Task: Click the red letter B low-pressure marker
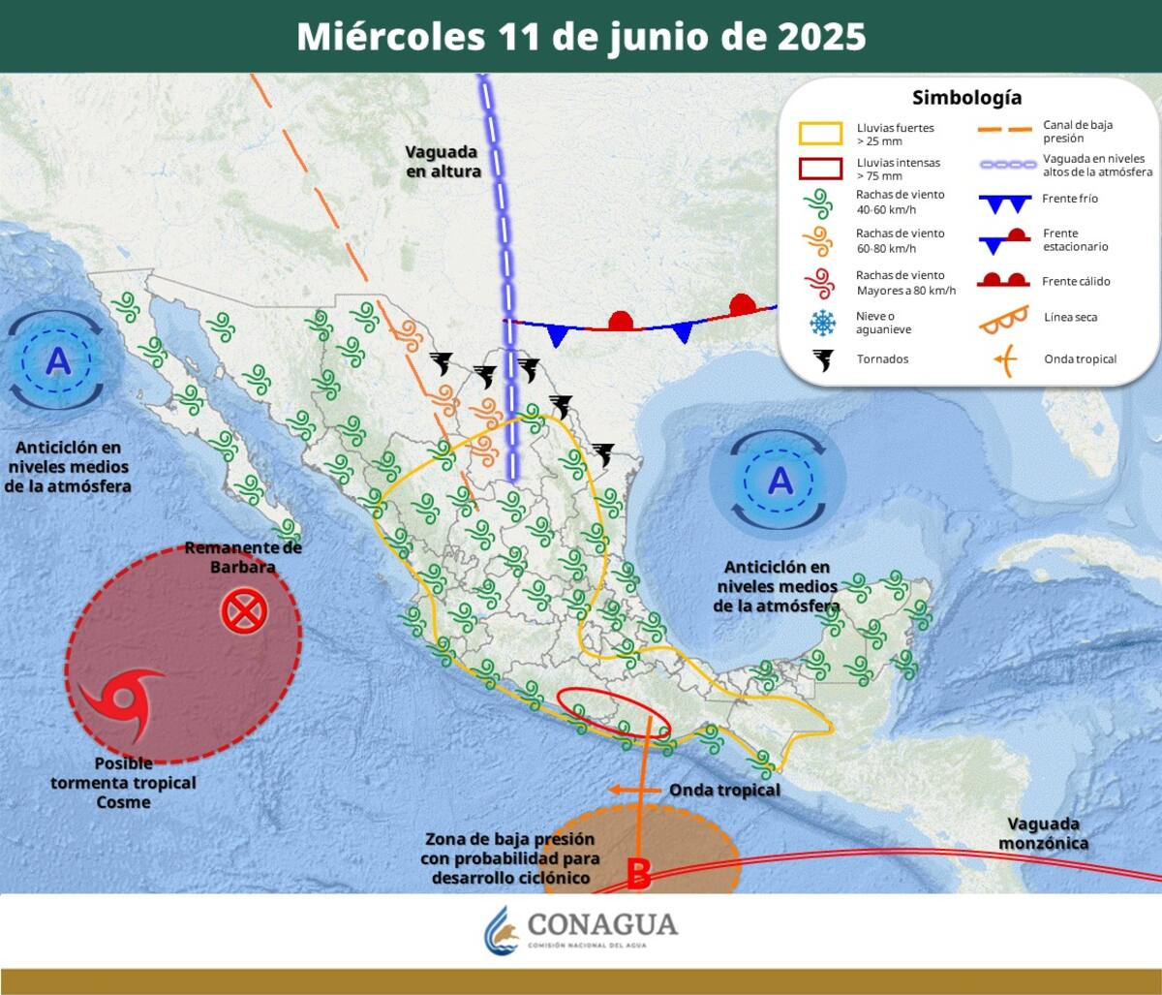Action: point(638,874)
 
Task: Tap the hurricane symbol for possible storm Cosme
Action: point(117,701)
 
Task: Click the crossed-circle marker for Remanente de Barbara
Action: point(243,611)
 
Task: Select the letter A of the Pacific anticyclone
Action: point(59,360)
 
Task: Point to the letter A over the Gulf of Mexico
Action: point(780,480)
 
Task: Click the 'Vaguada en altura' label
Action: point(443,161)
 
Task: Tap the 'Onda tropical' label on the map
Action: point(724,790)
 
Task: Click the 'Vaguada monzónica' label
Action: point(1047,833)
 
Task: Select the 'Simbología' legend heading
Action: point(966,98)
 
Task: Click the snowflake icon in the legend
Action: point(821,323)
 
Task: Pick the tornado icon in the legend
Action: point(822,359)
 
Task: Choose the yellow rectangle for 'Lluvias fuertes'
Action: point(820,134)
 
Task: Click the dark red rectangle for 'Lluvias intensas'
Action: point(820,170)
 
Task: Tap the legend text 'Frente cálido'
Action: point(1076,281)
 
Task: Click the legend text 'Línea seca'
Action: point(1071,317)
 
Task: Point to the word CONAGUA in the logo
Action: point(601,923)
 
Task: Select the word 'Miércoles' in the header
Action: point(390,37)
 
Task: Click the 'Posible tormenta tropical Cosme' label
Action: point(124,783)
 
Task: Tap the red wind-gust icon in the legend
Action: point(821,283)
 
